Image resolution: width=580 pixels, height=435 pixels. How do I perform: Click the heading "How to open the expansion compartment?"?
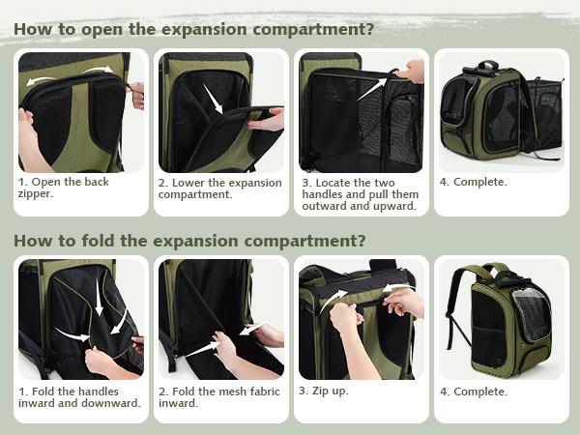tap(193, 28)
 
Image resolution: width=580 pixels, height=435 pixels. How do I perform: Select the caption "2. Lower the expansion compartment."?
tap(219, 188)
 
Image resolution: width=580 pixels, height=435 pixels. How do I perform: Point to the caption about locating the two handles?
tap(359, 193)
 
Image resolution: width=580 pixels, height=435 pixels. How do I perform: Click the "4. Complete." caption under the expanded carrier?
tap(474, 182)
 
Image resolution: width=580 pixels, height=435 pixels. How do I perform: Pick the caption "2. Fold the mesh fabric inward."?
tap(219, 397)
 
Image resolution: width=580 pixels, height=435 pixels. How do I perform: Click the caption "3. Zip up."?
tap(324, 391)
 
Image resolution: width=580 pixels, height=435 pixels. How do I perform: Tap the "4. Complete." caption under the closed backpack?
tap(474, 391)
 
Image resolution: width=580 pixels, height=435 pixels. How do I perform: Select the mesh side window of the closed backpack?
tap(530, 314)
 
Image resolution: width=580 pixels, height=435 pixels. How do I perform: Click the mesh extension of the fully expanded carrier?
tap(541, 116)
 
